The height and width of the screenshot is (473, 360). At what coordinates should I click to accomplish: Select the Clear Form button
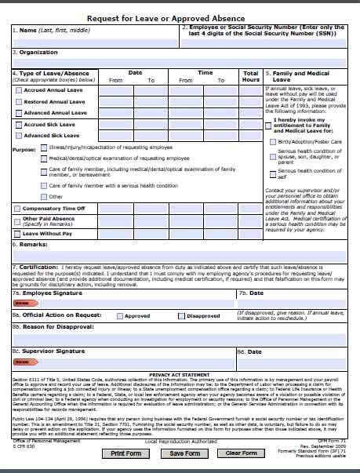click(241, 453)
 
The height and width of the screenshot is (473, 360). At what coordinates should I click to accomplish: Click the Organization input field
click(180, 63)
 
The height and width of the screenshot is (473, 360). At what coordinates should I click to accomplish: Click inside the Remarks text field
click(180, 254)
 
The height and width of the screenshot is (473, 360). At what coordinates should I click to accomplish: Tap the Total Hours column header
click(250, 76)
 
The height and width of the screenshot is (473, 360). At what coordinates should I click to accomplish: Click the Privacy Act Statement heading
click(180, 375)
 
